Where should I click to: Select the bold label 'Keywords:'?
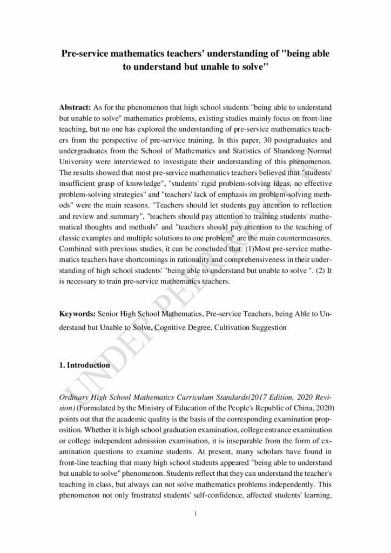pos(77,313)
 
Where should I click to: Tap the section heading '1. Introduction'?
pos(84,365)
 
